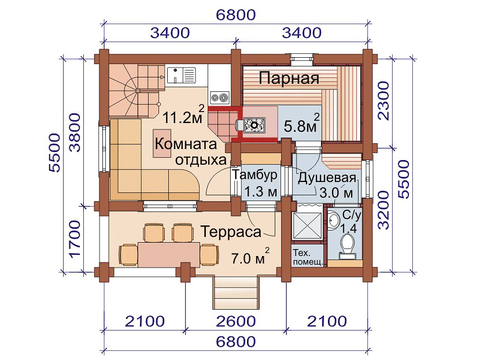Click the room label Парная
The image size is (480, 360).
[x=289, y=79]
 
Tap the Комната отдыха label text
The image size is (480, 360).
[x=190, y=152]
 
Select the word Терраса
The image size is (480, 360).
[x=231, y=232]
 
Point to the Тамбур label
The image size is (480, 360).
[x=254, y=175]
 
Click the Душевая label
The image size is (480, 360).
[x=327, y=178]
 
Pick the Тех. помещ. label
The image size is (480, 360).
[x=307, y=258]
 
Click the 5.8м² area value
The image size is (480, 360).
[x=302, y=124]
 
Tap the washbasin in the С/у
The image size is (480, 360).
[x=333, y=221]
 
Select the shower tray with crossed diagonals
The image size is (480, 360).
[x=307, y=225]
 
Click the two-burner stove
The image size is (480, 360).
[x=220, y=98]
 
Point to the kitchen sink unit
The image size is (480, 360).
[x=182, y=75]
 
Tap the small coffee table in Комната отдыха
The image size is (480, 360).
[x=163, y=143]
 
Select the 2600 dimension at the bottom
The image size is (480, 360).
[x=236, y=321]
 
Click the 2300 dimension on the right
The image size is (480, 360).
[x=383, y=101]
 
